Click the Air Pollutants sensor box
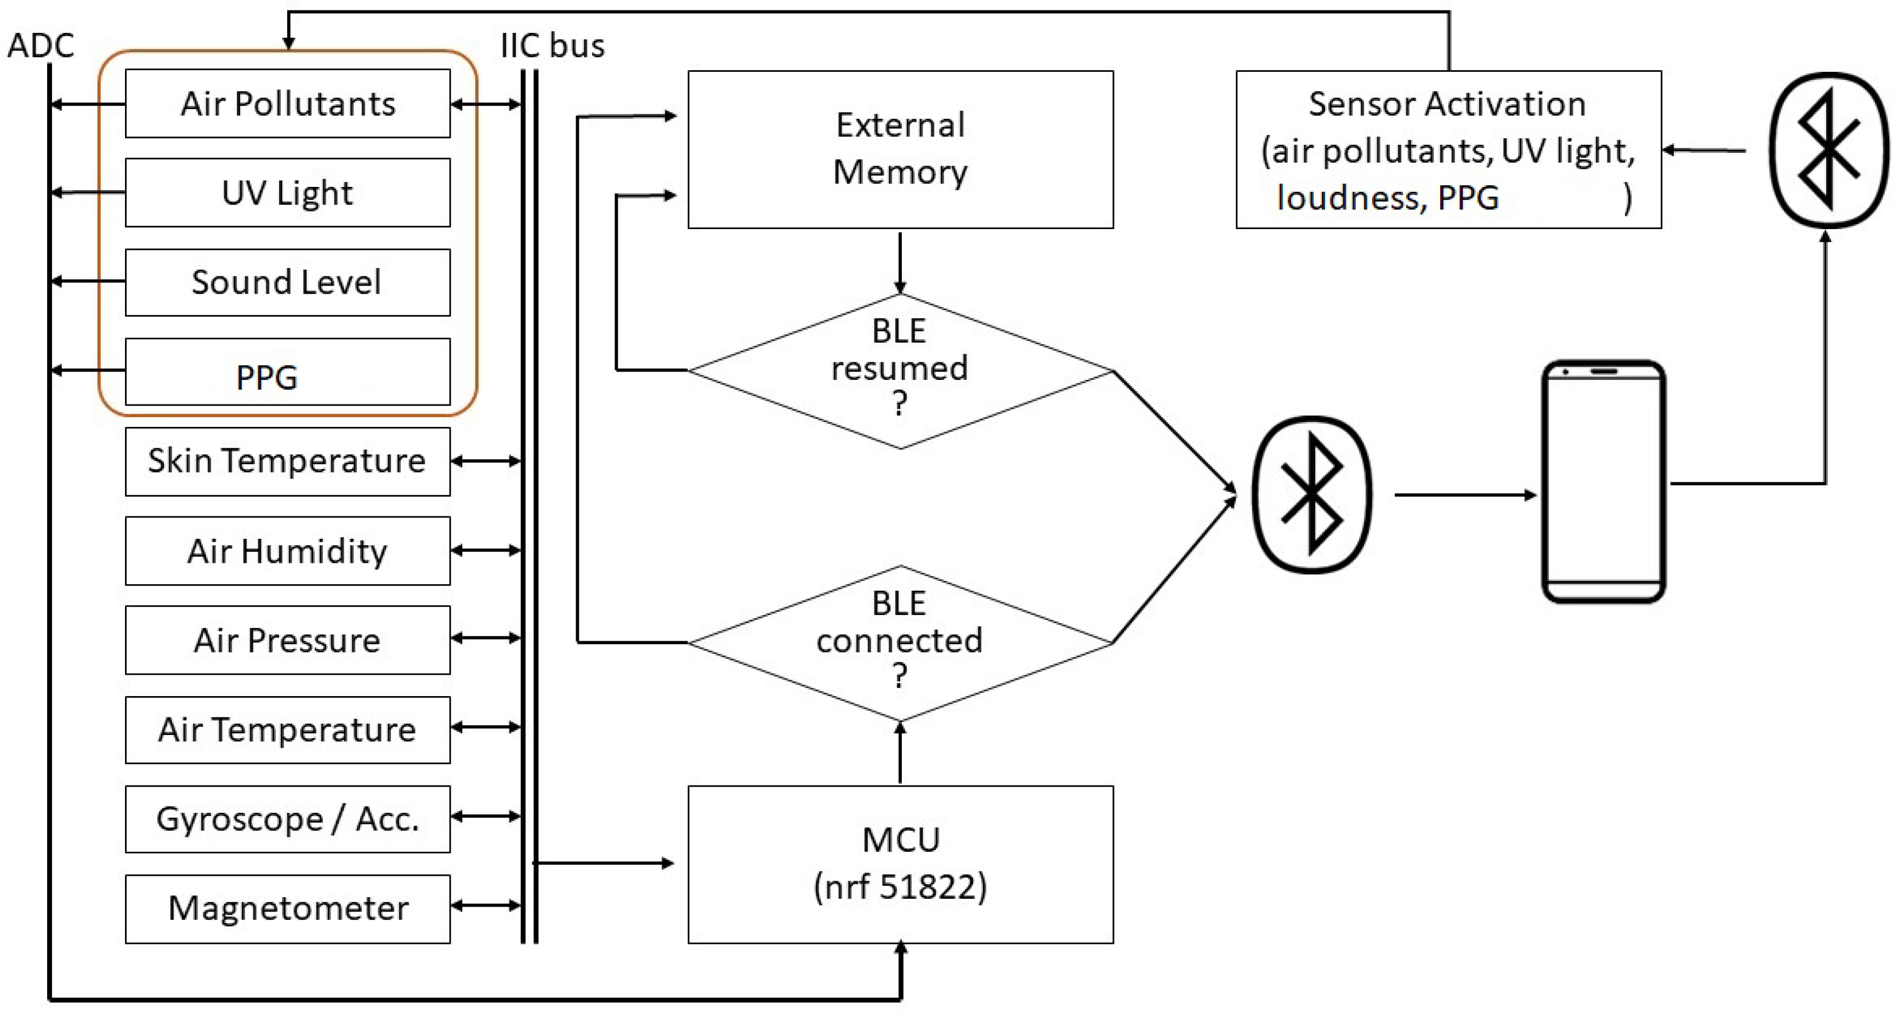pos(287,103)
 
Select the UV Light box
pos(287,192)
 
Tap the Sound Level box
pos(287,282)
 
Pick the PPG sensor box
pos(287,372)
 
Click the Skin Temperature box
pos(287,461)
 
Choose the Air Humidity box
pos(287,551)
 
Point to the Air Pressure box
pos(287,640)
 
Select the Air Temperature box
pos(287,730)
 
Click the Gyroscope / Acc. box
pos(287,819)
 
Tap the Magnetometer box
pos(287,908)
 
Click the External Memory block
pos(900,150)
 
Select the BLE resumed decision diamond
pos(900,371)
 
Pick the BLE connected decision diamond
pos(900,643)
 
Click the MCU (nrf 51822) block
pos(900,864)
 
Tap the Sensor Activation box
pos(1448,150)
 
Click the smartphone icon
pos(1603,481)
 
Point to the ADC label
pos(41,45)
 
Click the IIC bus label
pos(552,45)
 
